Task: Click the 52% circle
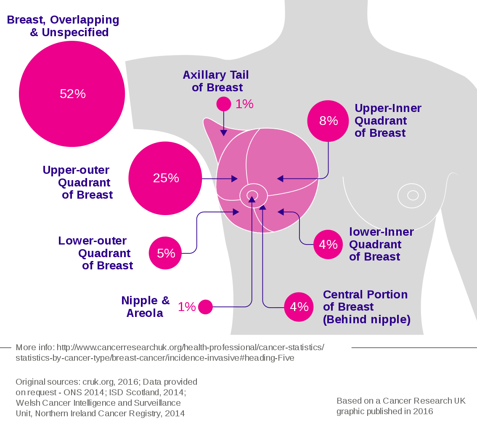(72, 94)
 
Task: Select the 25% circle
(165, 178)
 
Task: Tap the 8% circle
(329, 121)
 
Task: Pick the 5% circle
(165, 253)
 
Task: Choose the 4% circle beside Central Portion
(299, 307)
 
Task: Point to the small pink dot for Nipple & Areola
(205, 307)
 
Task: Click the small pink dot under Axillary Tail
(223, 104)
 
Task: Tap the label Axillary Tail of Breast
(216, 81)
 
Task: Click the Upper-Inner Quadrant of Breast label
(387, 121)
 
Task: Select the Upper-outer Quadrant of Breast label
(78, 182)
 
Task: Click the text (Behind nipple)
(366, 319)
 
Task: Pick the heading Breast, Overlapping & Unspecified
(64, 26)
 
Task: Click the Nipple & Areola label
(145, 307)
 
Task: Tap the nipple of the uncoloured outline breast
(413, 195)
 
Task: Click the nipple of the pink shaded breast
(252, 195)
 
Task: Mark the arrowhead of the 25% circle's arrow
(235, 179)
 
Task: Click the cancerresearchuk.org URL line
(170, 348)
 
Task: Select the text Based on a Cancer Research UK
(401, 401)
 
